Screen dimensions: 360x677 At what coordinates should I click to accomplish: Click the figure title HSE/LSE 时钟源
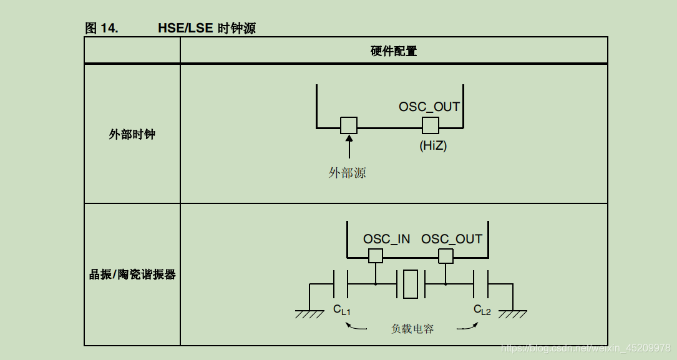(x=207, y=28)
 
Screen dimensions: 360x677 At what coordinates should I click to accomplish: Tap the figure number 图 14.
(x=101, y=28)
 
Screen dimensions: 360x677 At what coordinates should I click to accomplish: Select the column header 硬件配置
(x=393, y=51)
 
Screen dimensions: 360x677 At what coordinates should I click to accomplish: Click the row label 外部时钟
(x=132, y=134)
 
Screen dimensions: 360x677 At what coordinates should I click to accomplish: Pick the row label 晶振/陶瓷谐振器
(x=132, y=275)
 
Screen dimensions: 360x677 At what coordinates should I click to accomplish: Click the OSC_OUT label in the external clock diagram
(x=429, y=107)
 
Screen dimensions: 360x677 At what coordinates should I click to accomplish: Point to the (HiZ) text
(x=433, y=146)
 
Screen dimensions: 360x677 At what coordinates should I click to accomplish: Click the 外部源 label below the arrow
(x=348, y=173)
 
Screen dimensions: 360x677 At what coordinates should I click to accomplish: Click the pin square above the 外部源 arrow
(x=349, y=125)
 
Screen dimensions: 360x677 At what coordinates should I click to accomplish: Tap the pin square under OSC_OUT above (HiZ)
(x=430, y=125)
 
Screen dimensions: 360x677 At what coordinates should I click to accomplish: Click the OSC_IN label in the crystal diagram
(x=387, y=239)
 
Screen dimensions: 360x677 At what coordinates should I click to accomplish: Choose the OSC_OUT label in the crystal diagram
(x=452, y=239)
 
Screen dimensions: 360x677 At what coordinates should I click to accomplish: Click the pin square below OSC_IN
(x=376, y=256)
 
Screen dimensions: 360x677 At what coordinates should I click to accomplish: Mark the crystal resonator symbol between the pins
(x=411, y=284)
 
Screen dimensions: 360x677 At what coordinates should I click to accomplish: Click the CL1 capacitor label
(x=342, y=309)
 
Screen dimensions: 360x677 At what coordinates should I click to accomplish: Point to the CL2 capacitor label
(x=482, y=309)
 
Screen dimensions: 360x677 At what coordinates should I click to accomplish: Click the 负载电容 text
(x=412, y=328)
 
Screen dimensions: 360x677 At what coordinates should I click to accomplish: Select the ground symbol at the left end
(x=309, y=313)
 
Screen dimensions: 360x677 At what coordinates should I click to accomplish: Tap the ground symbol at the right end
(x=513, y=313)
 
